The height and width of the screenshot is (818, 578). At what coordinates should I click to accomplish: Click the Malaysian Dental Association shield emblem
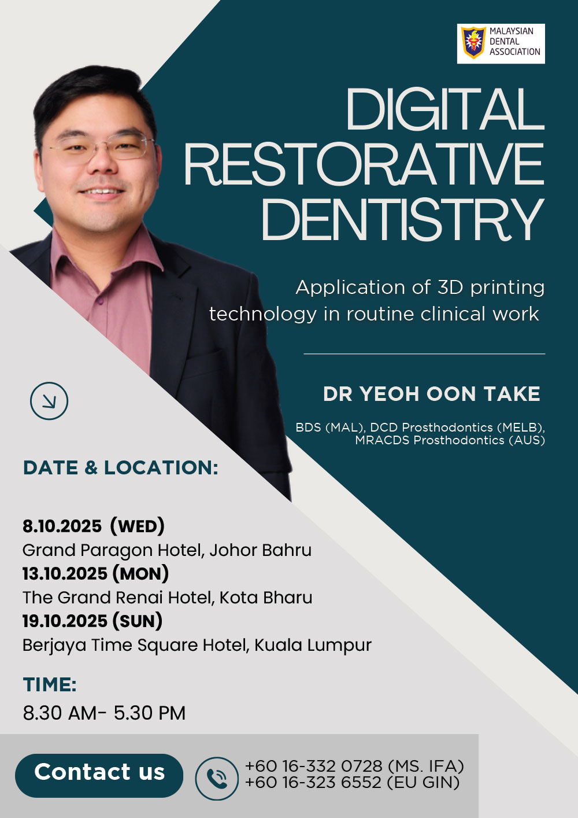pos(473,43)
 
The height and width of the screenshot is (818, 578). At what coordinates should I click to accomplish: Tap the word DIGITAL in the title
pos(445,109)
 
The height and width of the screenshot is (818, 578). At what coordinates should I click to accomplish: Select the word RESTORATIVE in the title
pos(365,165)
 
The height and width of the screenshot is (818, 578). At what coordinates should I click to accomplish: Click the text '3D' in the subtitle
pos(450,288)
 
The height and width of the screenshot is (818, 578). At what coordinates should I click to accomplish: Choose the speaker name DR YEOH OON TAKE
pos(432,394)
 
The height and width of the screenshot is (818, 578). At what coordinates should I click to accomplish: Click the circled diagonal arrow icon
pos(49,400)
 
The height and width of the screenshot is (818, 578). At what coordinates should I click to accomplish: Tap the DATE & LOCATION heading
pos(121,468)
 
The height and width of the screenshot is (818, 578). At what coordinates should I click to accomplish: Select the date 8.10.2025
pos(62,526)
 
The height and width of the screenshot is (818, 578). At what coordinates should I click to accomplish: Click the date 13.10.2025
pos(65,574)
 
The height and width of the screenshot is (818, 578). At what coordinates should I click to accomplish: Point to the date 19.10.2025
pos(65,621)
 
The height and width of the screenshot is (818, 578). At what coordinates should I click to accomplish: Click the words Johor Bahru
pos(261,550)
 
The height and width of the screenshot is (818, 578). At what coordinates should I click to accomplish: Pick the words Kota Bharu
pos(266,598)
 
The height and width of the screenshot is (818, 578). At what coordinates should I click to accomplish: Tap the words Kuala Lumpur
pos(313,646)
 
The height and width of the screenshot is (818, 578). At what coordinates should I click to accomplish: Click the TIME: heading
pos(50,684)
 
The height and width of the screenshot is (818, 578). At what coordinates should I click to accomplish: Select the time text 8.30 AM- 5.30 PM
pos(105,713)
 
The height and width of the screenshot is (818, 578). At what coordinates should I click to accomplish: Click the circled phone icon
pos(217,779)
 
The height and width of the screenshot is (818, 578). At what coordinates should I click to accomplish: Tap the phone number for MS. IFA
pos(314,766)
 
